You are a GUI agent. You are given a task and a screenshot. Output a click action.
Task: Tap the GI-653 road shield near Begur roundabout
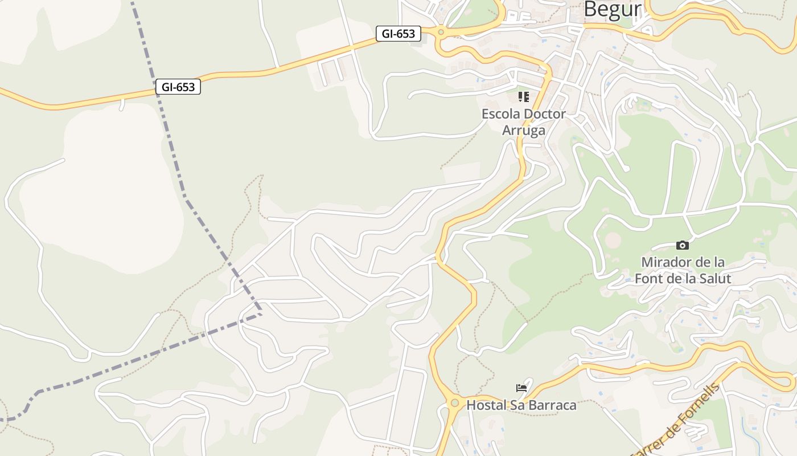(398, 34)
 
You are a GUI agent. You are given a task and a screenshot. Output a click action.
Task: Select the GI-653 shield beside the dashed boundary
(178, 87)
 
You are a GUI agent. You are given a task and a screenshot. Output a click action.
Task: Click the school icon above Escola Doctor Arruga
(523, 97)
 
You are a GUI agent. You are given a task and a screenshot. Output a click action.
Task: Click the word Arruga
(523, 131)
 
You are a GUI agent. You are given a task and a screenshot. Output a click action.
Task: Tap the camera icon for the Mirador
(682, 246)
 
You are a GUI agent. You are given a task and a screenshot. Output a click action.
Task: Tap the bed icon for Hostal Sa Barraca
(521, 388)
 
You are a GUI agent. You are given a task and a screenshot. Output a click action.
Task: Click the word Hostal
(486, 405)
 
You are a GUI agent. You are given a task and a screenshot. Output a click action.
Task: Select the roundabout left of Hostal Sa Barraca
(454, 403)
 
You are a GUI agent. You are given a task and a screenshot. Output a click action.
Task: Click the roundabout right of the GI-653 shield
(441, 32)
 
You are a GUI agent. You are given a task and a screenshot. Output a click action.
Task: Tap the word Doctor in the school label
(545, 114)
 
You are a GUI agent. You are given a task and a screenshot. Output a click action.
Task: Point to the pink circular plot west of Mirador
(613, 240)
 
